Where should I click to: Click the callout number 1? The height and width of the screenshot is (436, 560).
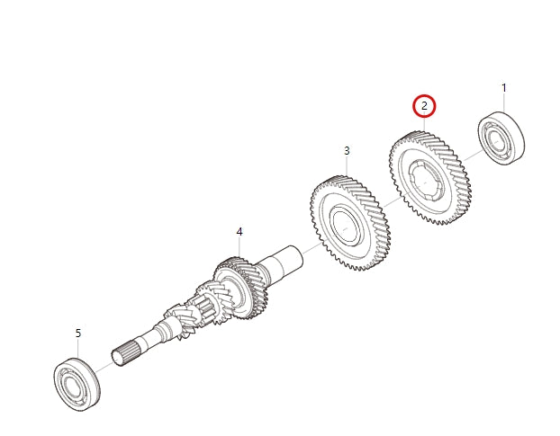click(x=503, y=88)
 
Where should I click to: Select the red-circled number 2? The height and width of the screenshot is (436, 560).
click(x=424, y=106)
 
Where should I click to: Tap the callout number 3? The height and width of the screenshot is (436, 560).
click(x=346, y=150)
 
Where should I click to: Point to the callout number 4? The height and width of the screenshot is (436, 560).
click(x=239, y=232)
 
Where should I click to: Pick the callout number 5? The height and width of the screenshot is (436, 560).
click(x=77, y=333)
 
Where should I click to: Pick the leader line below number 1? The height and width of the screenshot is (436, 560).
click(x=503, y=102)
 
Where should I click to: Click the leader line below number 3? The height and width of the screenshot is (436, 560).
click(x=346, y=166)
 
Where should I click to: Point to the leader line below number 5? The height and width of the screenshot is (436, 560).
click(x=77, y=349)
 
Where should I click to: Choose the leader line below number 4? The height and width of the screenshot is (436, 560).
click(x=239, y=248)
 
